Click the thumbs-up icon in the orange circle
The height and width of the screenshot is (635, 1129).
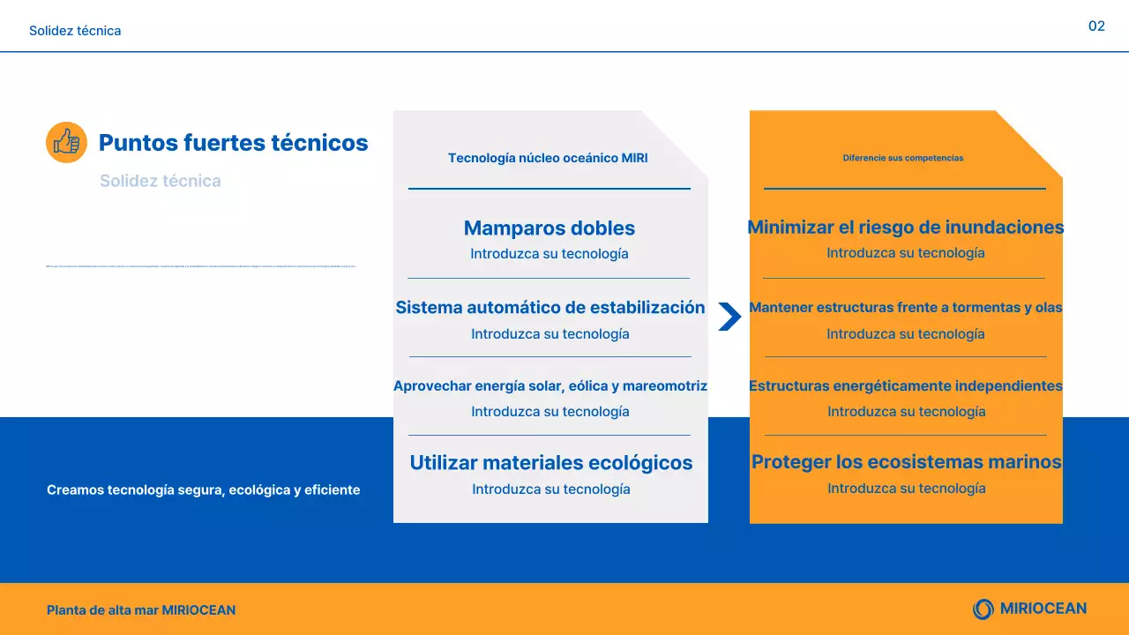point(66,142)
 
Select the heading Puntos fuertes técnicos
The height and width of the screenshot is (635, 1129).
point(233,143)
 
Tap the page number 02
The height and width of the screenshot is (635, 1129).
point(1096,26)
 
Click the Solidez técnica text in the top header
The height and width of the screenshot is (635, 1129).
point(75,31)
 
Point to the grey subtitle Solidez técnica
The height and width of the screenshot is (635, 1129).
point(161,181)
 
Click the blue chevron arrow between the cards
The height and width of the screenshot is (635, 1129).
point(729,317)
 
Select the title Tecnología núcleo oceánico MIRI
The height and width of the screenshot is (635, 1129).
point(548,159)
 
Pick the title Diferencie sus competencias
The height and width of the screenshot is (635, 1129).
point(902,159)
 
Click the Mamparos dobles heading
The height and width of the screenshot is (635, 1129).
point(550,228)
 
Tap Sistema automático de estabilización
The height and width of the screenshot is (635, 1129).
point(550,308)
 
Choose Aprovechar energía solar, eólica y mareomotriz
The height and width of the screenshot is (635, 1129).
point(550,386)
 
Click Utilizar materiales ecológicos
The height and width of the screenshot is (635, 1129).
point(550,463)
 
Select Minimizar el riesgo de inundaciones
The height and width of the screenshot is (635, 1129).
point(905,228)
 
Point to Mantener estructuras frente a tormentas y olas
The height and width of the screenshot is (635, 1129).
point(905,308)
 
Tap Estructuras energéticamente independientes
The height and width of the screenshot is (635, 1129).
point(905,386)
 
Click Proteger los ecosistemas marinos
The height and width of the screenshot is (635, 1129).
point(906,462)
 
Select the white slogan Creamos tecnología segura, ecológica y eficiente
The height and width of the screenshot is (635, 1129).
point(203,490)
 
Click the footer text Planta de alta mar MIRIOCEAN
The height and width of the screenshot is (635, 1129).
point(141,610)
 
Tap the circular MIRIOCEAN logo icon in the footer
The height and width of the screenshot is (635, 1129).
point(983,609)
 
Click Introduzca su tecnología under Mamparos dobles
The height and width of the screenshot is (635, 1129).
point(550,254)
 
